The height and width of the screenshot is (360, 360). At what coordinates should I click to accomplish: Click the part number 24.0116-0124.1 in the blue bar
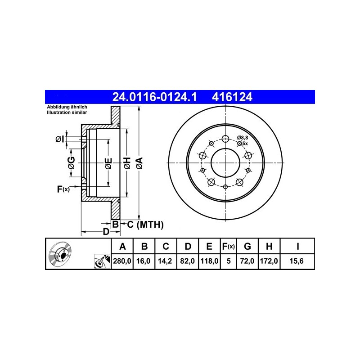[x=154, y=97]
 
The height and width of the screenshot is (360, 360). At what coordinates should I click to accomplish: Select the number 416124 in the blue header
[x=232, y=97]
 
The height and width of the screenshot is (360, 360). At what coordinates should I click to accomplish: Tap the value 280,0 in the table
[x=122, y=261]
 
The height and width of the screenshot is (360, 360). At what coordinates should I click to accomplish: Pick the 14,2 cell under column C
[x=165, y=261]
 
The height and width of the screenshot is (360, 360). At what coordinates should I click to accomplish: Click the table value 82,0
[x=187, y=261]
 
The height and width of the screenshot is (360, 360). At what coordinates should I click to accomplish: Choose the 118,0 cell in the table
[x=209, y=261]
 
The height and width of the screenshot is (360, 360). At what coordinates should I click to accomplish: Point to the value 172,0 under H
[x=269, y=261]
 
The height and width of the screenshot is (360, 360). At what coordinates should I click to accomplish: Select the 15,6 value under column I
[x=297, y=261]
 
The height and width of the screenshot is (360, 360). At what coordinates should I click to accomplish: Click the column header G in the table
[x=247, y=246]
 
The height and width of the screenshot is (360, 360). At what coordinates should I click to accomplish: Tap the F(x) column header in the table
[x=229, y=246]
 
